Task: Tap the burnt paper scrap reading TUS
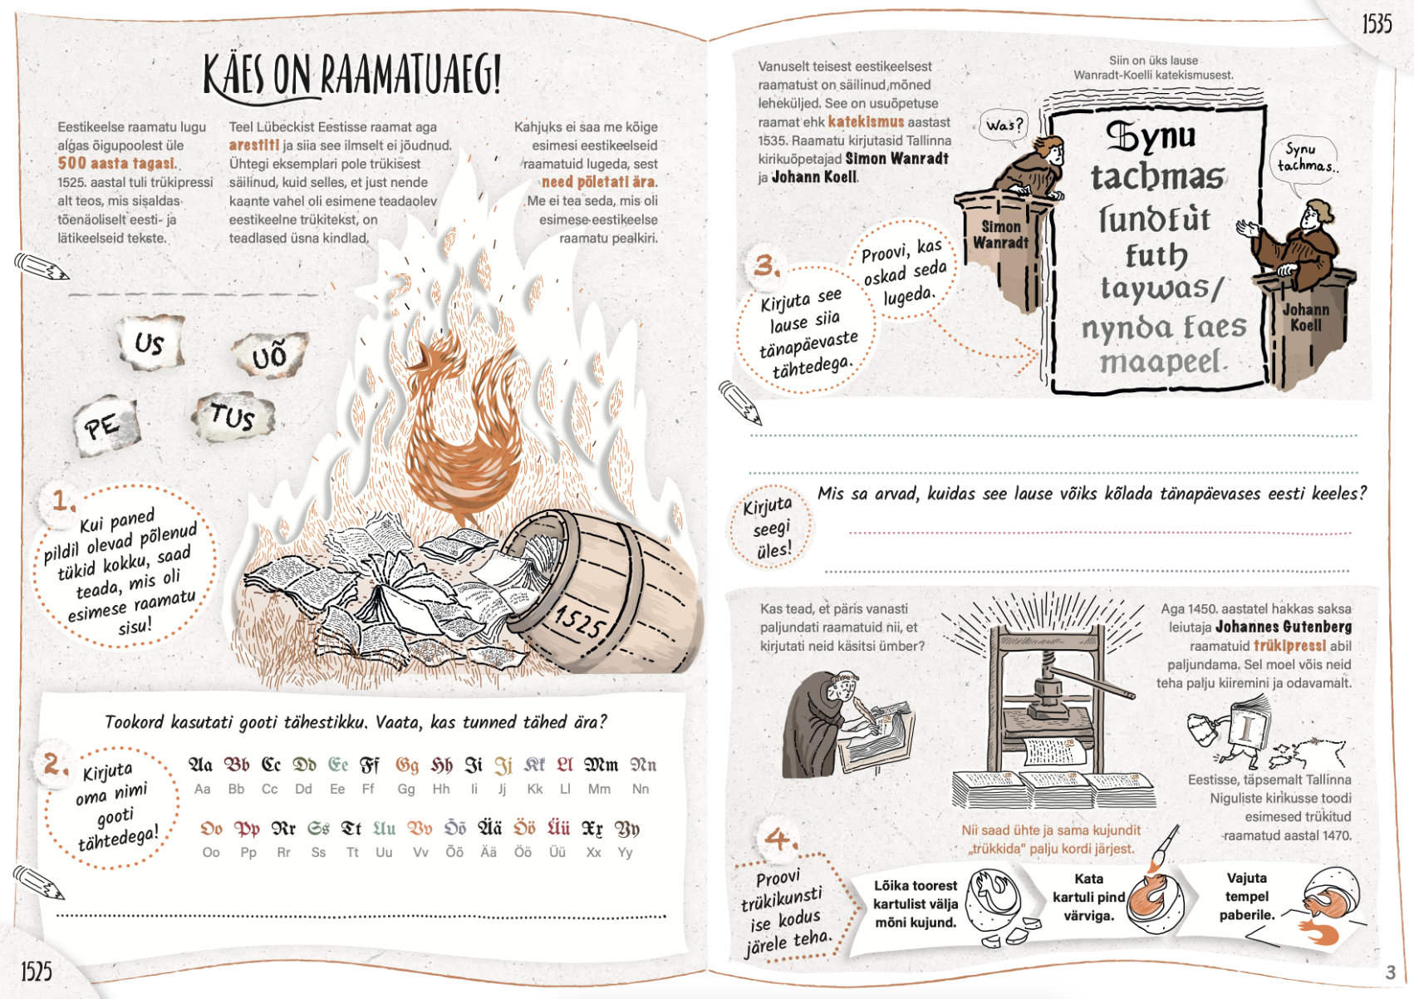coord(233,416)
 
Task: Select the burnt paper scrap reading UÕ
coord(270,355)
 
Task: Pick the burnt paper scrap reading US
coord(150,342)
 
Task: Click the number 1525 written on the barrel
coord(580,622)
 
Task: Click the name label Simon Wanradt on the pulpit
coord(1000,234)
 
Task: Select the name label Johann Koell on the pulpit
coord(1305,317)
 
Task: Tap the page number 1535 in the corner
coord(1377,24)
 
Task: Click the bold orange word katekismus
coord(866,122)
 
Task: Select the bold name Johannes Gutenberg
coord(1284,627)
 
